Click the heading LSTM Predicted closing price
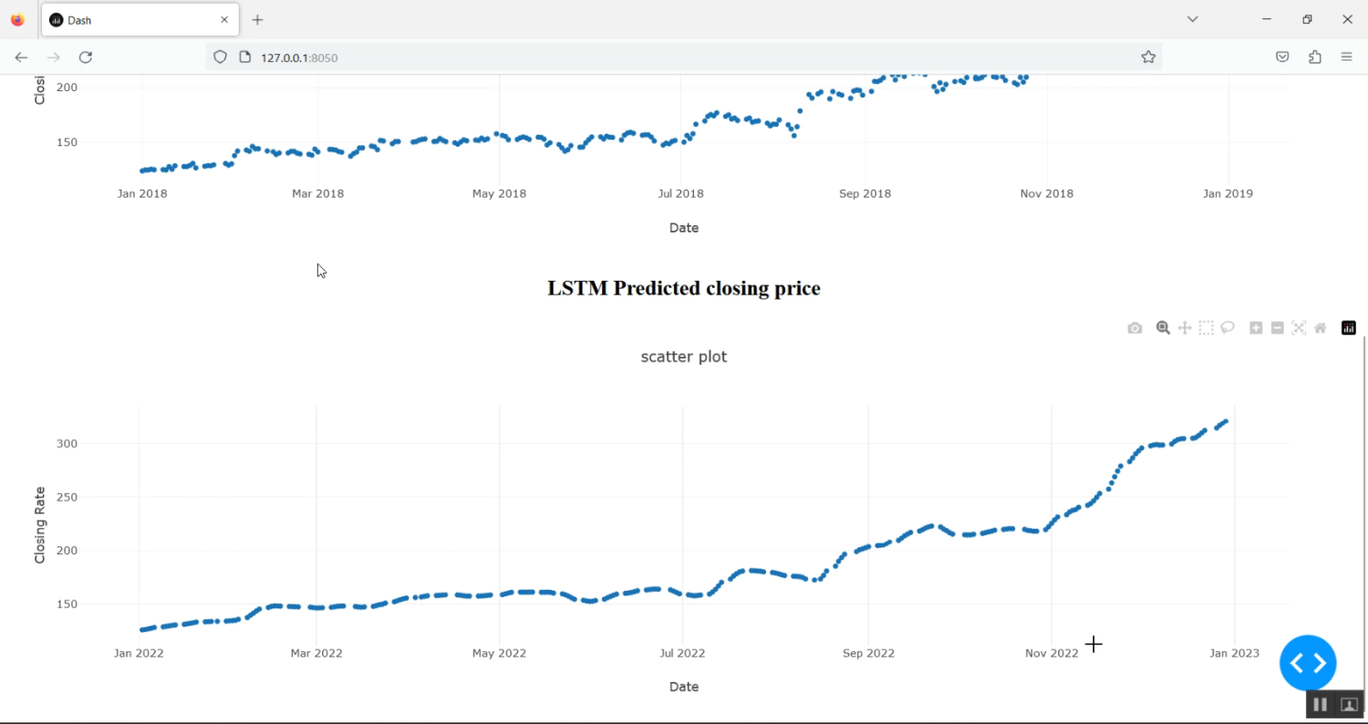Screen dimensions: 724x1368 (683, 288)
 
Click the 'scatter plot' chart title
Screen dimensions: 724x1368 (683, 357)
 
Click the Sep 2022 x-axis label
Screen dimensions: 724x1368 (867, 653)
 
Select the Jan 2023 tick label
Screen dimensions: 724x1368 (1233, 653)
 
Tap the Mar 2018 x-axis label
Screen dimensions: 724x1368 (317, 193)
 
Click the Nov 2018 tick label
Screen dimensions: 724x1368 (1046, 193)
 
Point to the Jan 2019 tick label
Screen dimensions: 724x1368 (1228, 193)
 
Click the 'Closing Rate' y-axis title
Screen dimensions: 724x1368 (40, 524)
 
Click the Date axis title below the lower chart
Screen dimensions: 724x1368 (683, 687)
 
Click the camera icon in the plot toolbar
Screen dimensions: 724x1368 (1135, 328)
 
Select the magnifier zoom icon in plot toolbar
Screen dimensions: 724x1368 (1163, 328)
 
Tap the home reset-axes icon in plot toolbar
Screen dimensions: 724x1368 (1320, 328)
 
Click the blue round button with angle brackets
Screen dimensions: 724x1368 (1308, 663)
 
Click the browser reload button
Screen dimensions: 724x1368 (86, 57)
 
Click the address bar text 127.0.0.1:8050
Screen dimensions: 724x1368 (299, 57)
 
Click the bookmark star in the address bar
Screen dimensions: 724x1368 (1148, 57)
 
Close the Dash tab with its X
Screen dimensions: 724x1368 (224, 19)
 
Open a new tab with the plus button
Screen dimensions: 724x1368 (258, 19)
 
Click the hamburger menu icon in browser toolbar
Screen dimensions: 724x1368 (1346, 57)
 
